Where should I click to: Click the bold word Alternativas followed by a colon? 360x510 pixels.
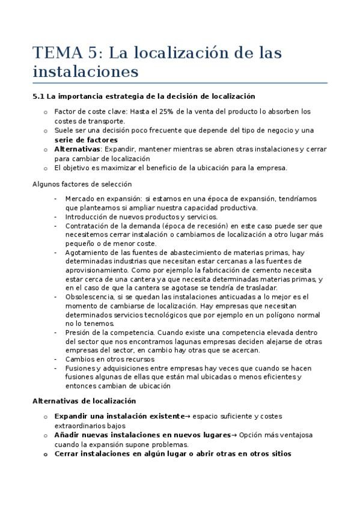[x=76, y=149]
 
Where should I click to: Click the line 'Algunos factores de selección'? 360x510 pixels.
[x=82, y=184]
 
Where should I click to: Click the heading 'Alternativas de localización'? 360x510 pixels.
[x=84, y=401]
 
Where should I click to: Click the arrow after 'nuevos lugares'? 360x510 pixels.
[x=234, y=435]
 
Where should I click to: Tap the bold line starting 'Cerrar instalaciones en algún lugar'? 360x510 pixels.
[x=172, y=454]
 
